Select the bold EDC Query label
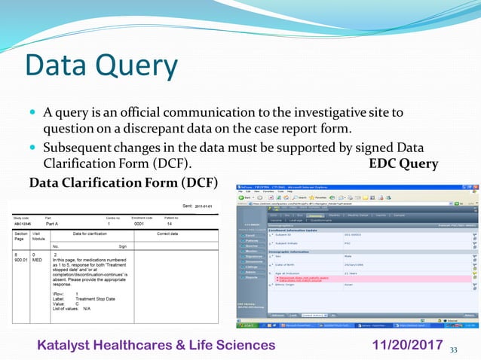tap(403, 163)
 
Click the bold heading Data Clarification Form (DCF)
tap(122, 182)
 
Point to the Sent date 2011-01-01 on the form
tap(204, 205)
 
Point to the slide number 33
tap(454, 349)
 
